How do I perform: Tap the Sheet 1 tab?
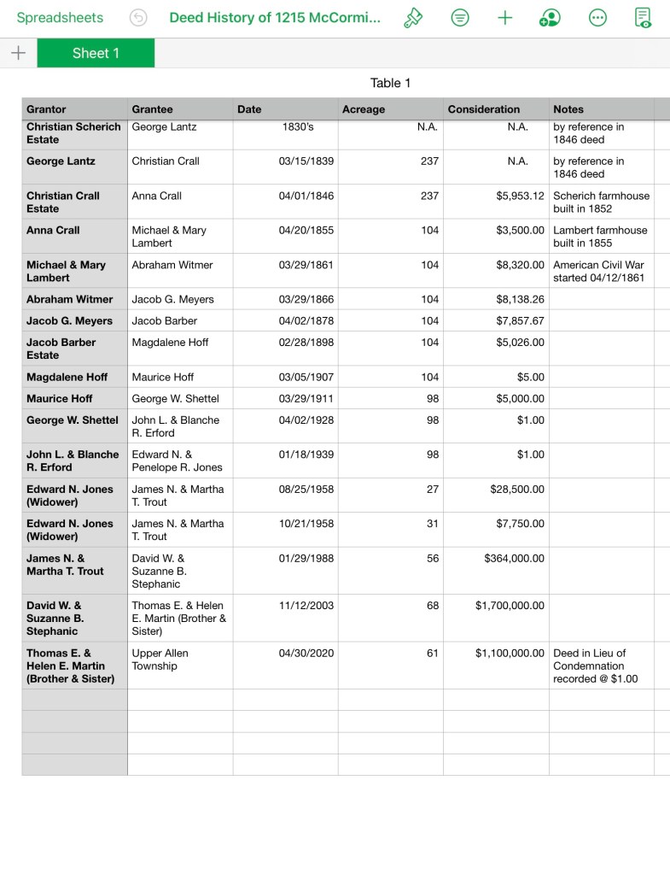coord(96,53)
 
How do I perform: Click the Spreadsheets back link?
coord(60,18)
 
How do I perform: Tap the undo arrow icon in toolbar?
coord(138,18)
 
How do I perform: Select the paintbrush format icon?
coord(413,18)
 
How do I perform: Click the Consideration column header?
coord(483,109)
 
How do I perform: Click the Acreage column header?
coord(364,109)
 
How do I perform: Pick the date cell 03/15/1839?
coord(306,161)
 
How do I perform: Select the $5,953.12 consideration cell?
coord(520,196)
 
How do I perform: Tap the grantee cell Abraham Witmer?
coord(172,265)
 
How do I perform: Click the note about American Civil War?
coord(599,271)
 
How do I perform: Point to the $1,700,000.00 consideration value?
coord(510,606)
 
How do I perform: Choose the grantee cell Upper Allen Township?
coord(160,660)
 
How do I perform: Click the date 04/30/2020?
coord(306,654)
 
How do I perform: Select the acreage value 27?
coord(433,490)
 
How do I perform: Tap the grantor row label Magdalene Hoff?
coord(67,377)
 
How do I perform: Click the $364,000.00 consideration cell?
coord(513,559)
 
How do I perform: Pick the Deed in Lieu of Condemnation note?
coord(595,666)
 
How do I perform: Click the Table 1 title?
coord(390,83)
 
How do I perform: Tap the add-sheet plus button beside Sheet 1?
coord(18,53)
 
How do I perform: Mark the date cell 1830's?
coord(298,127)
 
